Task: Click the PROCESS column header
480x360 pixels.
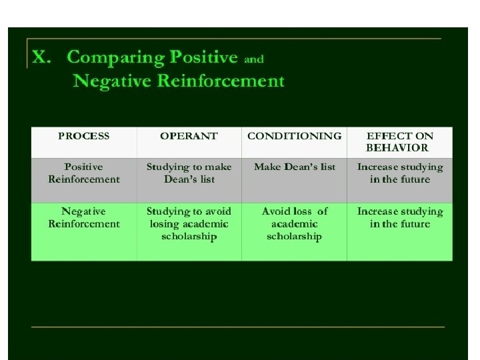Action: point(84,135)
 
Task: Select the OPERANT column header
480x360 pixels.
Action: point(189,135)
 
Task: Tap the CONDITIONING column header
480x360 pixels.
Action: point(294,135)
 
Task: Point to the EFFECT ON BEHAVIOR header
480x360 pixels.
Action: point(399,141)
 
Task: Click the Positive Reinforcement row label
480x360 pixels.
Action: point(84,173)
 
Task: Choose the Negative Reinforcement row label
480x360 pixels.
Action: point(84,217)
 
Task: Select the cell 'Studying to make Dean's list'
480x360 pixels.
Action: point(189,173)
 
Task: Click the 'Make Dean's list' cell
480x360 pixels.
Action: point(294,167)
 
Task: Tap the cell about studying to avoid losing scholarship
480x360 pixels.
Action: point(189,224)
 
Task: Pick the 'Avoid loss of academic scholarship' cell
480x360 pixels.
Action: point(294,224)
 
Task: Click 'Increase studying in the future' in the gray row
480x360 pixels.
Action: point(399,173)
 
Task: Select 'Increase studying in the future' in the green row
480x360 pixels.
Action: point(399,217)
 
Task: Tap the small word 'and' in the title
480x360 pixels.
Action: point(254,59)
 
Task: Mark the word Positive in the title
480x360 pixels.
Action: point(206,58)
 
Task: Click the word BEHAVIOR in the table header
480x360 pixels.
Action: point(399,147)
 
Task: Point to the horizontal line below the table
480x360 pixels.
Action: point(238,327)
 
